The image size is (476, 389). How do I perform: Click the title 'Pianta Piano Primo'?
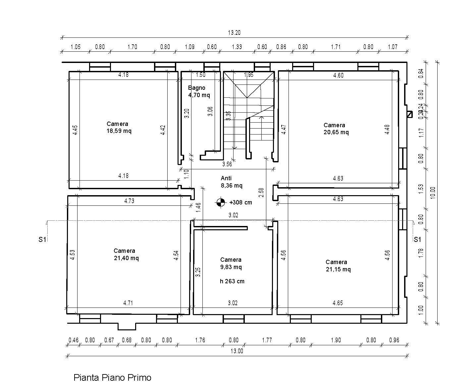point(112,377)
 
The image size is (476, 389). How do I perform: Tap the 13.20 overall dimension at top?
point(234,33)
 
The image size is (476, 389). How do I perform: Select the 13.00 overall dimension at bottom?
point(237,351)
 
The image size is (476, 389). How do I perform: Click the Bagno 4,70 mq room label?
point(199,91)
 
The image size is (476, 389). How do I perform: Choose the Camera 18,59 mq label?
point(119,127)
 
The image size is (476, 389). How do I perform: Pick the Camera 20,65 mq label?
point(336,129)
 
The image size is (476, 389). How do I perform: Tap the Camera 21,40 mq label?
point(126,254)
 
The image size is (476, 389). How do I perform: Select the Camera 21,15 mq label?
point(338,265)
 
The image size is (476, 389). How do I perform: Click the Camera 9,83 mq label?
point(231,263)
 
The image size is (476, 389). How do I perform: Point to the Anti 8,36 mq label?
point(231,182)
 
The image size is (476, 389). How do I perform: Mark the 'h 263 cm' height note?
point(232,281)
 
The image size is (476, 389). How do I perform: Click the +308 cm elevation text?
point(240,202)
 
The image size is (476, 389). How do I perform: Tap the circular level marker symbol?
point(221,202)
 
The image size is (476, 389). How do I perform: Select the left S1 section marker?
point(42,239)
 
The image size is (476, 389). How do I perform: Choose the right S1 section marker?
point(417,239)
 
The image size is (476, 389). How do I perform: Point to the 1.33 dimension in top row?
point(237,47)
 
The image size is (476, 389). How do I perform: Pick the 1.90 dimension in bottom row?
point(336,340)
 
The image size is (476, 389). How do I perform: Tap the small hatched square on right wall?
point(410,114)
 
